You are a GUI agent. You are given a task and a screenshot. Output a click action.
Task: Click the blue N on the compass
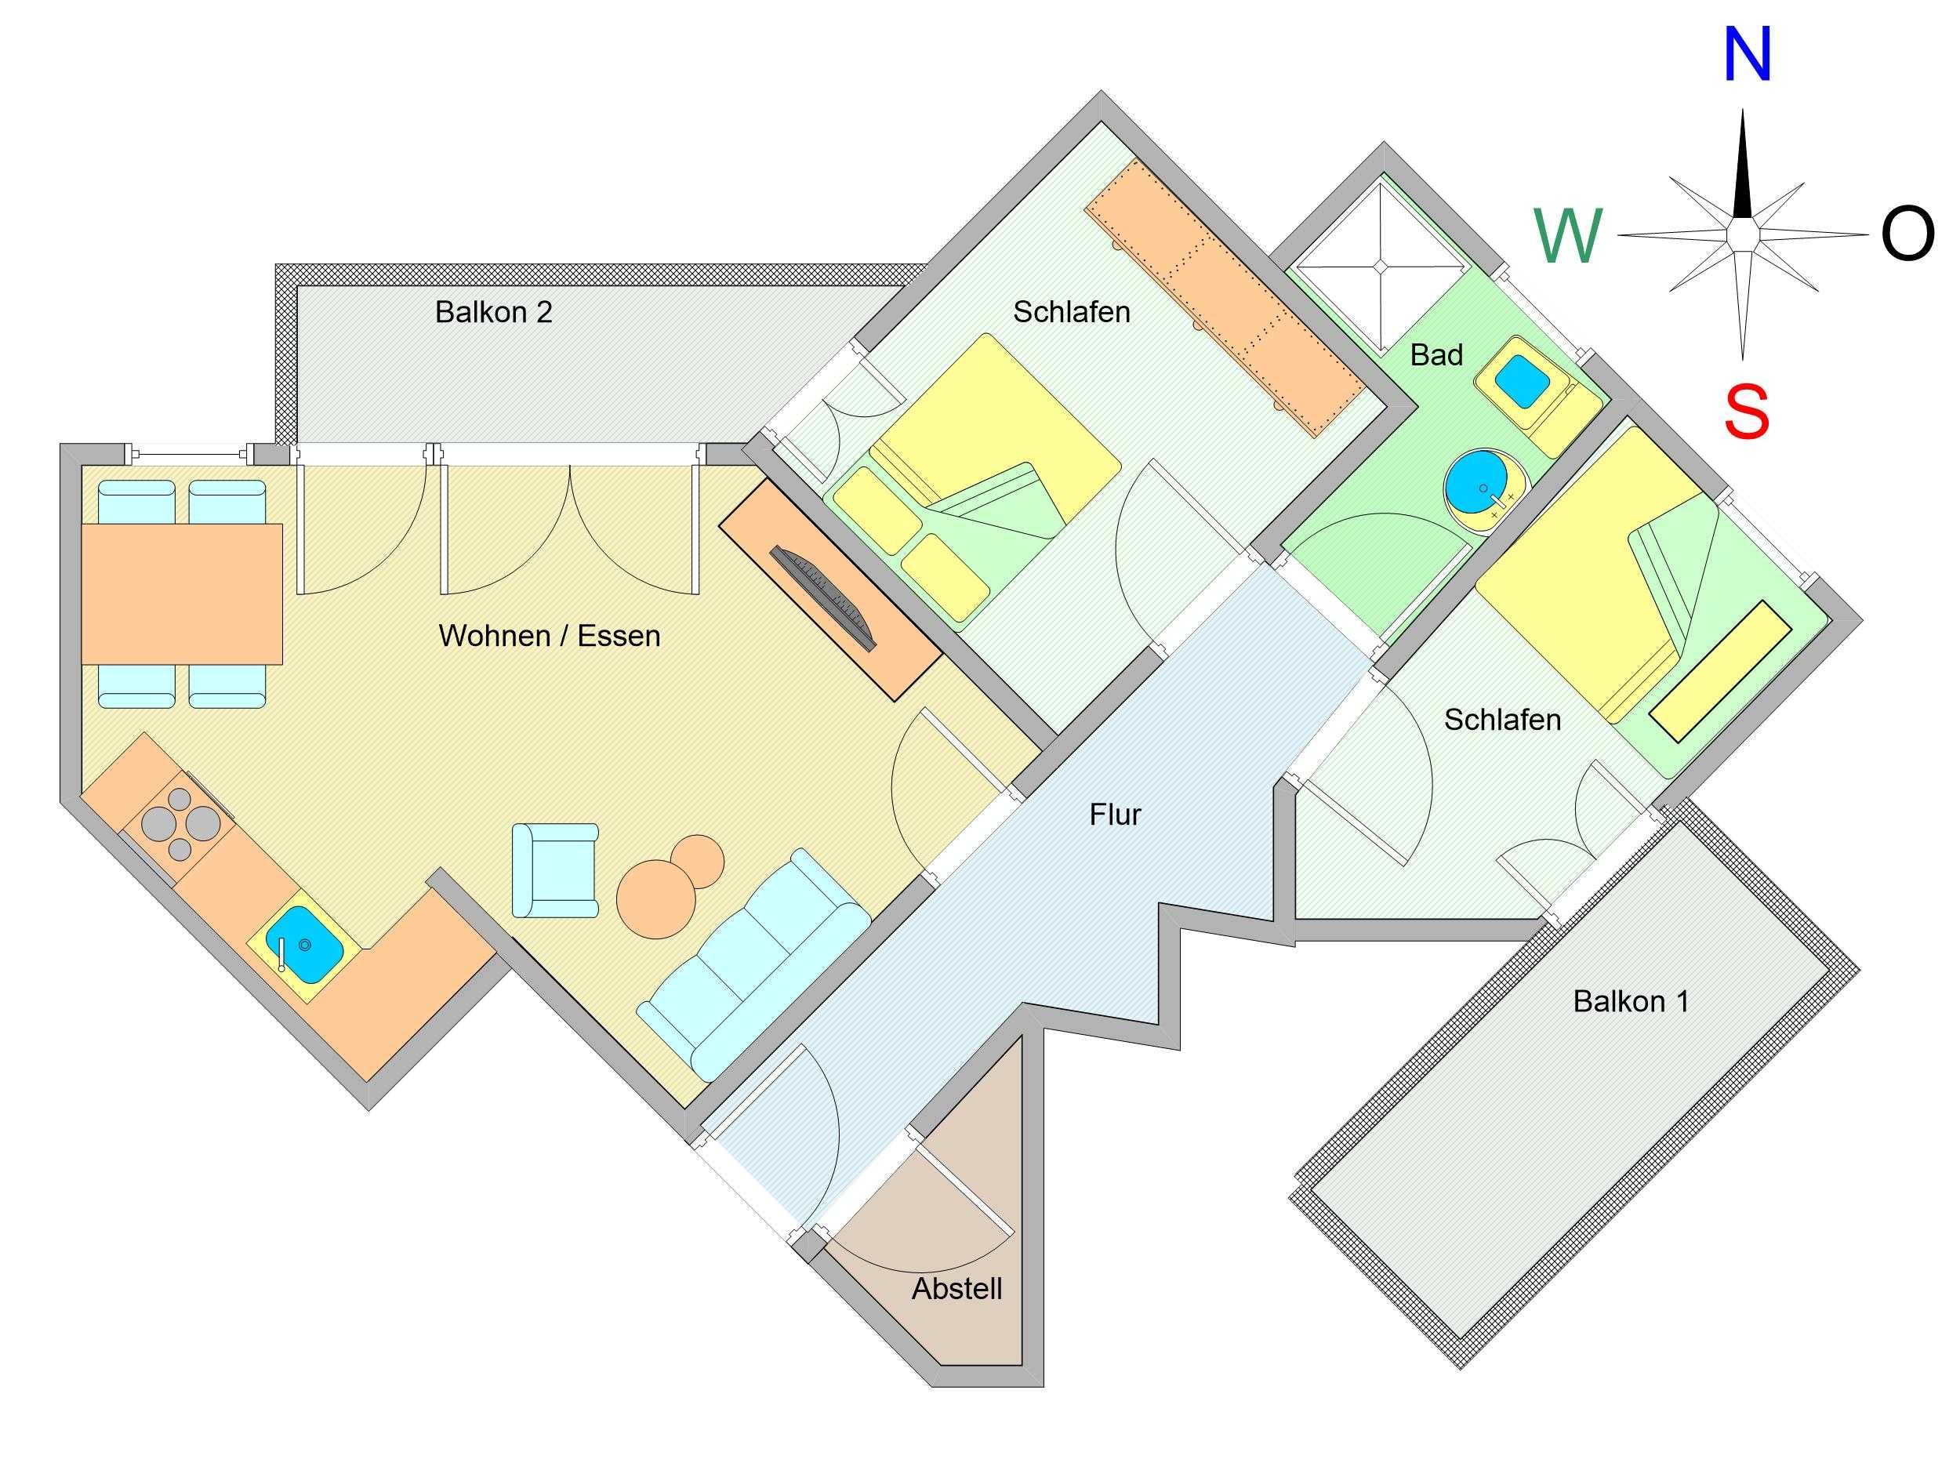[1747, 55]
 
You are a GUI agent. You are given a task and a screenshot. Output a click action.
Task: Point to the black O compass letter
[1908, 235]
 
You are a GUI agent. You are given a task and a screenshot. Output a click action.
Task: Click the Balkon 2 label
[494, 312]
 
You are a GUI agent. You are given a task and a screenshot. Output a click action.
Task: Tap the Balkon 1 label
[1632, 1001]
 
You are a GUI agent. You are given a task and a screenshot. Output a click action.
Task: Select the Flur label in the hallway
[1116, 815]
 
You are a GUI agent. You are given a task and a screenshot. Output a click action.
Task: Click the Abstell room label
[957, 1288]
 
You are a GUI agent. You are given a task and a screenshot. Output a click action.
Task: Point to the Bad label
[1436, 355]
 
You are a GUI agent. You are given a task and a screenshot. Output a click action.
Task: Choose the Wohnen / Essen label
[550, 635]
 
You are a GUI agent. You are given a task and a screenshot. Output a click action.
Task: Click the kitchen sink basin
[304, 945]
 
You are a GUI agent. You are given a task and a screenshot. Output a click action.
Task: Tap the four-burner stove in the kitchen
[179, 822]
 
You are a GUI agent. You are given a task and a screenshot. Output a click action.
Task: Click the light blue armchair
[556, 870]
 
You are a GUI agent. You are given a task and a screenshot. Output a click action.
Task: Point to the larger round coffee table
[656, 899]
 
